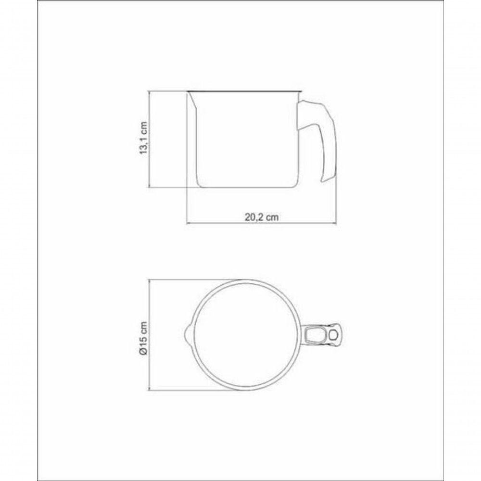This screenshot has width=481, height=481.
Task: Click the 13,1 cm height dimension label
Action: tap(144, 138)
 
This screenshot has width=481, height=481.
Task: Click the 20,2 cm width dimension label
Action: tap(262, 217)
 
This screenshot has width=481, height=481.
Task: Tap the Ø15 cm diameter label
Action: tap(143, 338)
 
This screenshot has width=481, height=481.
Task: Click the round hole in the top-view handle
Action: tap(332, 335)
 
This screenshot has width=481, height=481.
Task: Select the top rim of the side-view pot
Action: tap(244, 91)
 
